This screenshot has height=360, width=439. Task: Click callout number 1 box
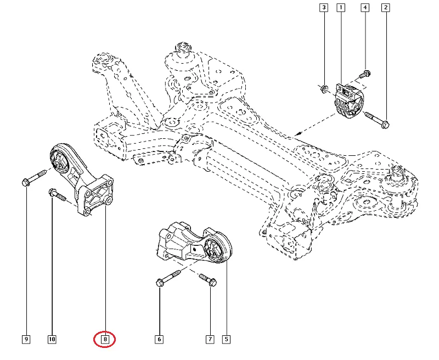coord(341,8)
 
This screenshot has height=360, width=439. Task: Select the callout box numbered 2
coord(386,8)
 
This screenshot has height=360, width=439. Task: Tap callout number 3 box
coord(324,8)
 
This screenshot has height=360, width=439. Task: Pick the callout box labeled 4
coord(364,8)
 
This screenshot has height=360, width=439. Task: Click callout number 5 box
coord(226,340)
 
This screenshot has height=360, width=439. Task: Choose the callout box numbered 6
coord(159,340)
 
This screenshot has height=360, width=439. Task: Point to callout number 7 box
coord(210,340)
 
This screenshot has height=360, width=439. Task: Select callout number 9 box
coord(26,340)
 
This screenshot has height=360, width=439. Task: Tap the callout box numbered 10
coord(52,340)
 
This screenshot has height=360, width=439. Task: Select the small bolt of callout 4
coord(364,75)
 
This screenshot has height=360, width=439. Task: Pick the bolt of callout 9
coord(33,178)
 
